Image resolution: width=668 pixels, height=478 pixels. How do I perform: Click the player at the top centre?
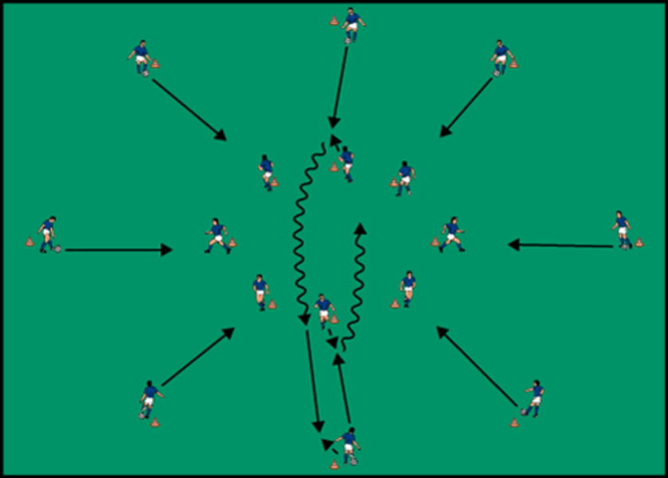(x=352, y=25)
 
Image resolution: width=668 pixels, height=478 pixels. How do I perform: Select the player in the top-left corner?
(x=141, y=58)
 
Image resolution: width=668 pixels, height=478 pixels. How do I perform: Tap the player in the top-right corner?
(x=500, y=58)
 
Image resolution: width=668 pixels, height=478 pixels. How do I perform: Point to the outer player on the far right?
(x=622, y=229)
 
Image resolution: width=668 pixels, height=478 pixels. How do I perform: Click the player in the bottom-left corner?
(x=149, y=399)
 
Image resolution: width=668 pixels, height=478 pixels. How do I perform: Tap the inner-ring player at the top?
(x=346, y=164)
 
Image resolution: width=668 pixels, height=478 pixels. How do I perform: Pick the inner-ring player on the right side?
(x=452, y=234)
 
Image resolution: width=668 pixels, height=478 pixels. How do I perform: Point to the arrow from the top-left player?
(x=189, y=109)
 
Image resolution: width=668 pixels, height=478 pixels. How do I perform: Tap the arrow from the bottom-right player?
(x=476, y=367)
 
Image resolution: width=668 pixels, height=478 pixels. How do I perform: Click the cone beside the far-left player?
(x=29, y=241)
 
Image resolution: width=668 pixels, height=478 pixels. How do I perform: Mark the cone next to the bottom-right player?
(x=514, y=423)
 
